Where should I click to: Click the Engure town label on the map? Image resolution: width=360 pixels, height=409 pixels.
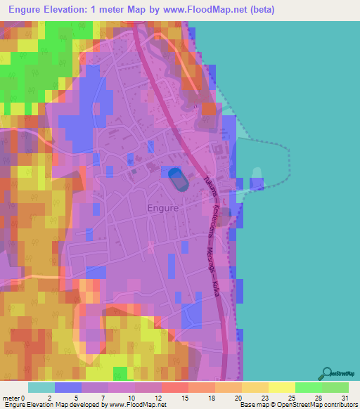coord(163,208)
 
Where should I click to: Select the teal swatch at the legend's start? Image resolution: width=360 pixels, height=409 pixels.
coord(41,388)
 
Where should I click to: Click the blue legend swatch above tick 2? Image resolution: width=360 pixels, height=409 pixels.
coord(68,388)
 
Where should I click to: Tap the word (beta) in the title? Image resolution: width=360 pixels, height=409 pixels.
coord(259,10)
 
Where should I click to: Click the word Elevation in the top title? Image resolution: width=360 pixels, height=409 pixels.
coord(72,10)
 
